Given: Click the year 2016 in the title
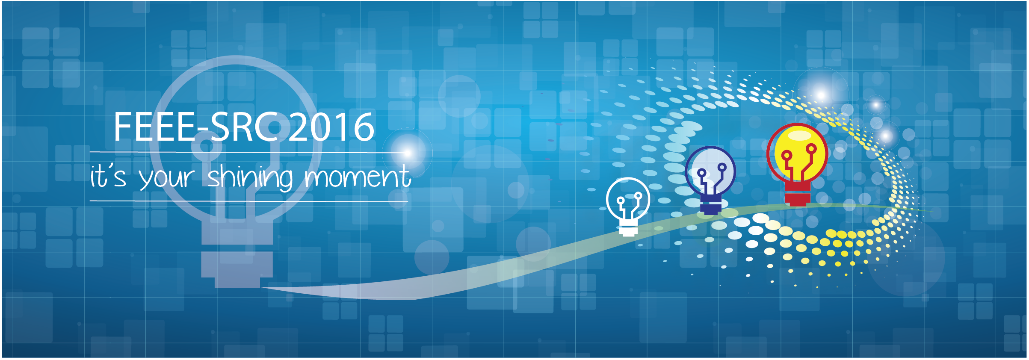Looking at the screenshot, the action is point(332,127).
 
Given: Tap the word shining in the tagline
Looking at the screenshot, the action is point(251,177).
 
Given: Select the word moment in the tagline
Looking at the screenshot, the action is point(358,176).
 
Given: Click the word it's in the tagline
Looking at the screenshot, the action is point(108,176).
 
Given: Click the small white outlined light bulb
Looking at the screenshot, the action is point(628,206).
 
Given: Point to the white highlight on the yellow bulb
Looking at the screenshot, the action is point(799,135).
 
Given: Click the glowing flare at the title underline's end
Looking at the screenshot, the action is point(408,152).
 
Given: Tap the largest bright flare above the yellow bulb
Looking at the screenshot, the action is point(820,94).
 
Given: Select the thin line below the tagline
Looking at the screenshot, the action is point(249,201).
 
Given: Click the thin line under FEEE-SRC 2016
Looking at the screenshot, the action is point(249,152).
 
